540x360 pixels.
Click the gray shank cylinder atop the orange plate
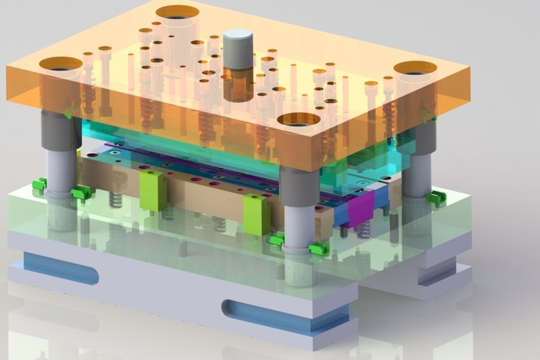point(238,48)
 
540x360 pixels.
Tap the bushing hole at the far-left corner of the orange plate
point(61,64)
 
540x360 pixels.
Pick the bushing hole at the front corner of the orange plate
point(298,119)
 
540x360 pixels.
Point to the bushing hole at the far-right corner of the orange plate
point(415,68)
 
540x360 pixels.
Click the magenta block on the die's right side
point(360,208)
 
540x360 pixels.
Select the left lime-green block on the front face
point(153,190)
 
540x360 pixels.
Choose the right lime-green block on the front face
point(256,214)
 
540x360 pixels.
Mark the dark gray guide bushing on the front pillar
point(298,186)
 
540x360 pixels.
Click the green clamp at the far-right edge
point(436,198)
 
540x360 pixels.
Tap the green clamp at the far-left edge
point(39,185)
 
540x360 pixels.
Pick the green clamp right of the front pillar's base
point(318,249)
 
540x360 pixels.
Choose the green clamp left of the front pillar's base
point(277,240)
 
